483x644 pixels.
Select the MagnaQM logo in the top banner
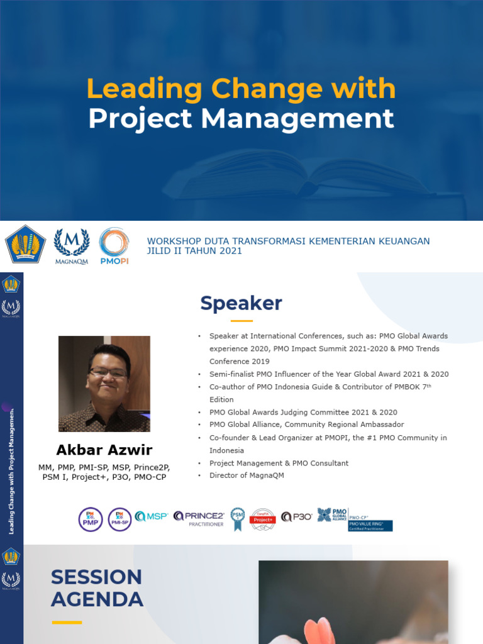(x=71, y=245)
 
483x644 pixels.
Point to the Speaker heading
(x=241, y=303)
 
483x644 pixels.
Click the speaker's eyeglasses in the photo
(x=108, y=372)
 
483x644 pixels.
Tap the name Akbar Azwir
(x=104, y=450)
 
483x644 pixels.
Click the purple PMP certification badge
(x=91, y=519)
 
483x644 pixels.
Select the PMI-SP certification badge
(x=119, y=519)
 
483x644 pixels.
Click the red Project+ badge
(x=263, y=519)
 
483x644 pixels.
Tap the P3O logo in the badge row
(x=296, y=517)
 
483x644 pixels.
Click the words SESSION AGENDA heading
(x=97, y=588)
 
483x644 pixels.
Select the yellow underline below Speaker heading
(x=241, y=321)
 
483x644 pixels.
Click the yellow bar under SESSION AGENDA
(x=67, y=622)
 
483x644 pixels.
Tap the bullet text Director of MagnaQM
(x=247, y=475)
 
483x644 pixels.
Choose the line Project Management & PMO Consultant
(x=279, y=463)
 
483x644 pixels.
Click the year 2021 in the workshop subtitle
(x=231, y=251)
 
